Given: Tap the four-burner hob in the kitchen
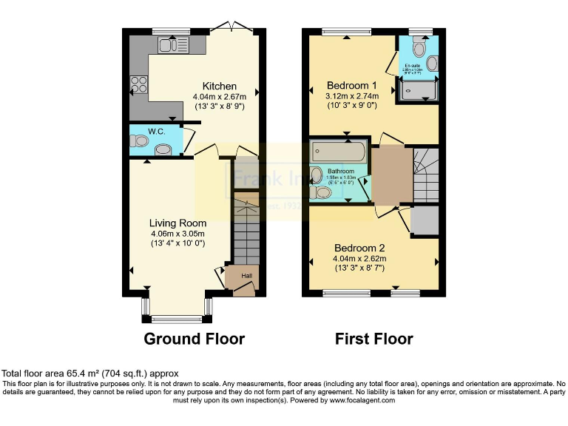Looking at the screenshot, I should coord(138,84).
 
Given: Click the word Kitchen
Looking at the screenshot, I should coord(220,87).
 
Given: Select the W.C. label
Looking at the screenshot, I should coord(156,132).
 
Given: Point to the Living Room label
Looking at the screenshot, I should coord(177,223).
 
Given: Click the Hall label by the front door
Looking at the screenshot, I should coord(246,275).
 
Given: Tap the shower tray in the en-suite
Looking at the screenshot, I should coord(418,92).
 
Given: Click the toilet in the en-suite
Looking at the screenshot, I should coord(419,50).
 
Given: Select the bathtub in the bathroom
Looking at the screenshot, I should coord(339,152).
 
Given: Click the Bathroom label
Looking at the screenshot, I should coord(341,171).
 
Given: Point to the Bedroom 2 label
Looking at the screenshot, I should coord(359,248).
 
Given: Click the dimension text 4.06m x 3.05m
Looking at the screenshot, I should coord(177,233).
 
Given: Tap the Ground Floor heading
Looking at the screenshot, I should coord(194,339).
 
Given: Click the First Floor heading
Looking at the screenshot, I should coord(373,339).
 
